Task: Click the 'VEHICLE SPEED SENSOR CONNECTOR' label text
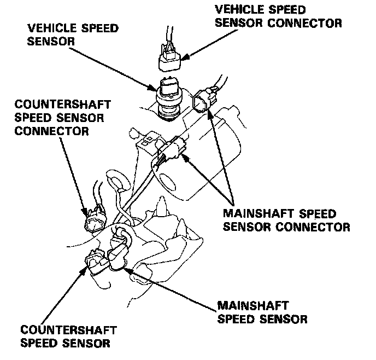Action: tap(279, 16)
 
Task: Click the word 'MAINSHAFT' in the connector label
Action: tap(251, 213)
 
